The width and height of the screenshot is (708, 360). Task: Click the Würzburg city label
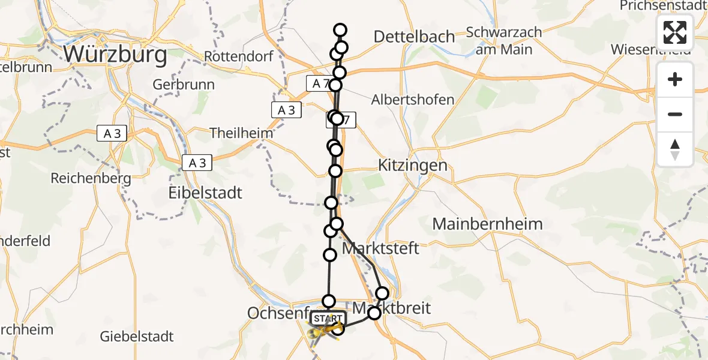pyautogui.click(x=115, y=55)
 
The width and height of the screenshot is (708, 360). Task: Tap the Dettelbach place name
pyautogui.click(x=414, y=37)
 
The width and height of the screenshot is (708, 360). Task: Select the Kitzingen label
pyautogui.click(x=413, y=166)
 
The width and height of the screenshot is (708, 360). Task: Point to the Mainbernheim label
pyautogui.click(x=487, y=224)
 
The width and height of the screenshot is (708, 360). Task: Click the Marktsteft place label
pyautogui.click(x=380, y=248)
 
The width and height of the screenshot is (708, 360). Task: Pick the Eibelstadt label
pyautogui.click(x=205, y=193)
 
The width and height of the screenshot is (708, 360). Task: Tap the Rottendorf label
pyautogui.click(x=239, y=56)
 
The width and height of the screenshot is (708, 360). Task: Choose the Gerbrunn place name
pyautogui.click(x=184, y=85)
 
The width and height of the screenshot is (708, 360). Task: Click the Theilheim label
pyautogui.click(x=241, y=133)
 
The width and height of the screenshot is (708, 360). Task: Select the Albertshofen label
pyautogui.click(x=413, y=100)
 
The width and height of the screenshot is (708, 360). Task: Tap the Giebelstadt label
pyautogui.click(x=137, y=336)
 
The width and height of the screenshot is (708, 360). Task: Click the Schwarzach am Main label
pyautogui.click(x=503, y=40)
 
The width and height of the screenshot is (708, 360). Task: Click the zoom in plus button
pyautogui.click(x=675, y=79)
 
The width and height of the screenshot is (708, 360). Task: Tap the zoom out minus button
pyautogui.click(x=675, y=114)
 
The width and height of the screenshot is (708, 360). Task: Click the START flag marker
pyautogui.click(x=328, y=318)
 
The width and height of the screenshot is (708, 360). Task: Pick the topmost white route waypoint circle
pyautogui.click(x=340, y=30)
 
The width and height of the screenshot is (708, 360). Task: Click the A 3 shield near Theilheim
pyautogui.click(x=286, y=110)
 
